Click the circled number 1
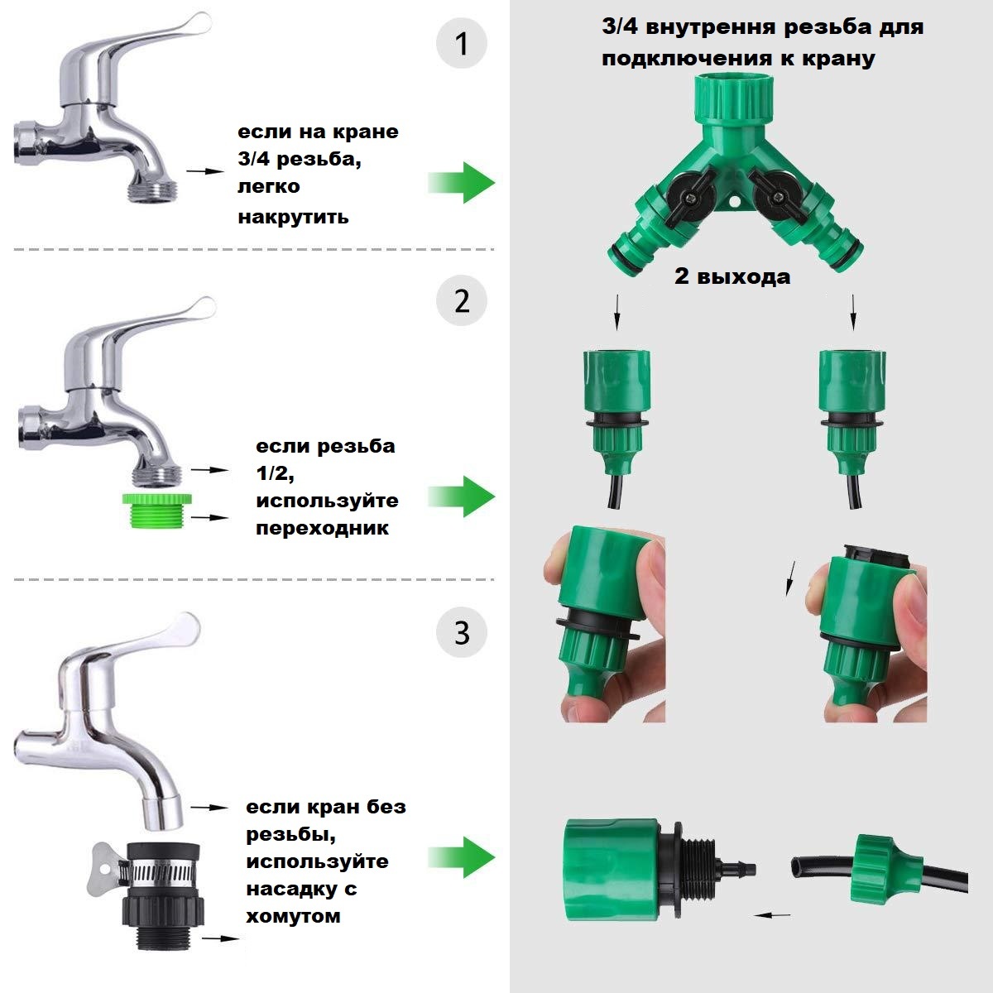pyautogui.click(x=461, y=43)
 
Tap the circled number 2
pyautogui.click(x=461, y=300)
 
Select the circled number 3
pyautogui.click(x=461, y=632)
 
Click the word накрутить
pyautogui.click(x=293, y=217)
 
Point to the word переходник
pyautogui.click(x=323, y=528)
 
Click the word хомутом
pyautogui.click(x=293, y=916)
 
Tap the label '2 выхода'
pyautogui.click(x=732, y=276)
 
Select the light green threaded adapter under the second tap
pyautogui.click(x=156, y=511)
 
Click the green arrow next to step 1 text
pyautogui.click(x=461, y=182)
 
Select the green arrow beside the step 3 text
pyautogui.click(x=461, y=857)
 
